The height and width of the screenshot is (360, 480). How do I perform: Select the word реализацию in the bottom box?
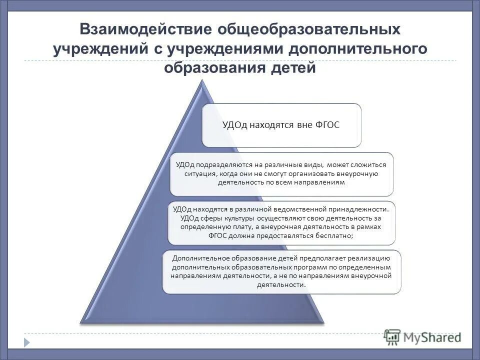point(369,258)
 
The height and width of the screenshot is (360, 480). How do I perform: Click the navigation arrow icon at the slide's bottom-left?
point(26,342)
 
